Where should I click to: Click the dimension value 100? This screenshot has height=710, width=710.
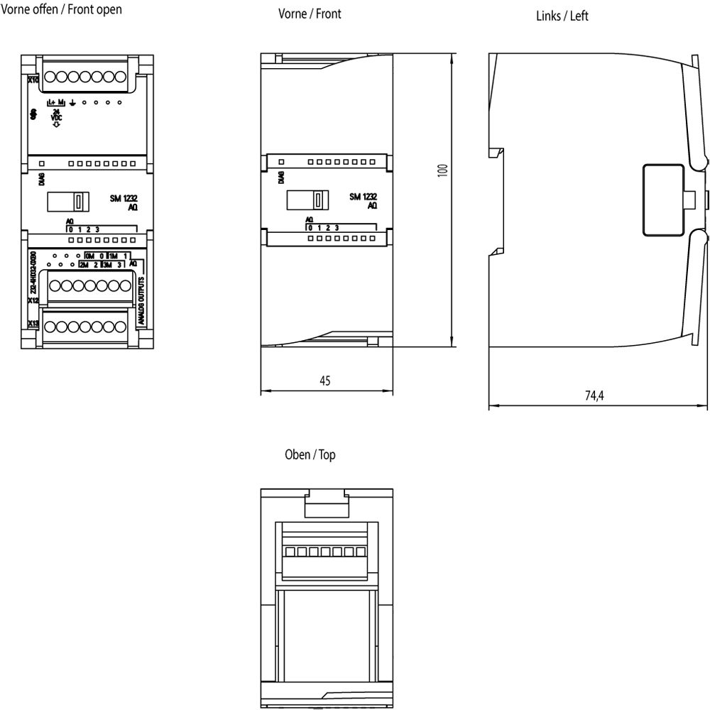click(443, 170)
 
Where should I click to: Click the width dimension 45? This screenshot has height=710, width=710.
click(324, 381)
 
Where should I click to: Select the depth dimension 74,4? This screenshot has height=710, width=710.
click(594, 396)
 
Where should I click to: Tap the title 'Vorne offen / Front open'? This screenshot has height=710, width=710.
click(61, 9)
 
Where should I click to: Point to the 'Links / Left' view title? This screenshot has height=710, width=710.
click(562, 16)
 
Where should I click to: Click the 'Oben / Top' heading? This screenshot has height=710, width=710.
click(310, 454)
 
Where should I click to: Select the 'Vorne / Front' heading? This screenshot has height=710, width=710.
click(310, 13)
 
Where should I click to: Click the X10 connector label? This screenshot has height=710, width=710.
click(33, 80)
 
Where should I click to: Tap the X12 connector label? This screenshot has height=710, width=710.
click(33, 301)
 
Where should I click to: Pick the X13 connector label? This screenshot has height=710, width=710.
click(33, 324)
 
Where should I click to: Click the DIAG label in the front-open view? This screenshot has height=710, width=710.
click(40, 177)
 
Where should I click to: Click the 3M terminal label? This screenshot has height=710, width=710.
click(106, 264)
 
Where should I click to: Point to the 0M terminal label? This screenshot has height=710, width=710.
click(89, 255)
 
